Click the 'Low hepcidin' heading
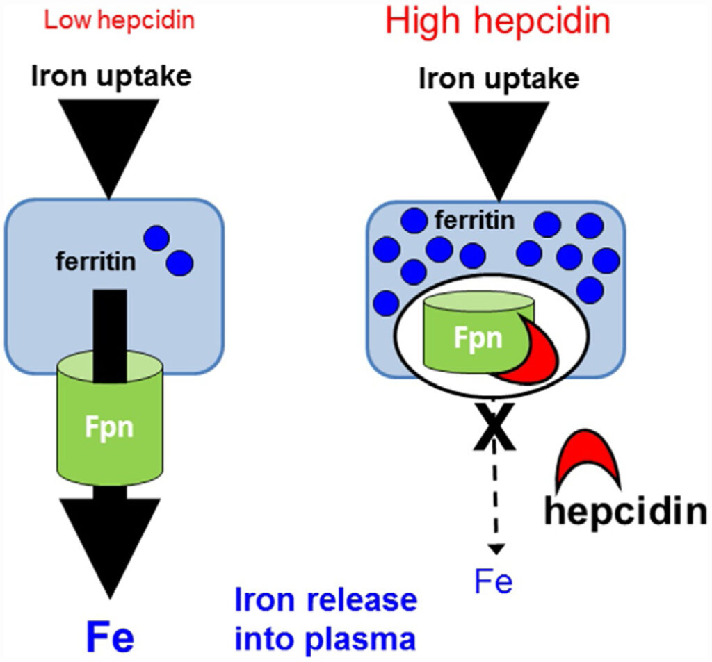(119, 20)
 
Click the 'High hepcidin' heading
(497, 22)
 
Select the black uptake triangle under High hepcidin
(497, 139)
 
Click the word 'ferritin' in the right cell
(476, 222)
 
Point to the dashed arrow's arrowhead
(496, 549)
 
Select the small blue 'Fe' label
(494, 581)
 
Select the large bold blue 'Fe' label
(110, 636)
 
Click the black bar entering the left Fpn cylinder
(110, 326)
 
